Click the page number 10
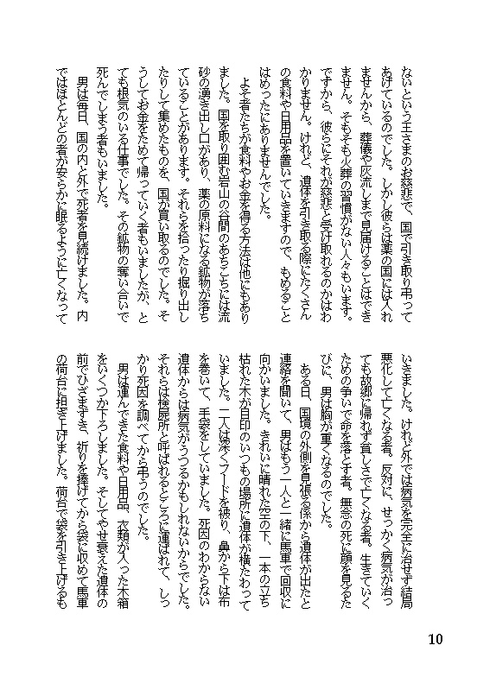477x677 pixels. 435,639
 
